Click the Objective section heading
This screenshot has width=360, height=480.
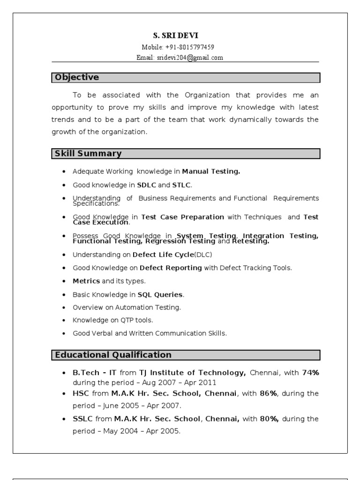coord(77,77)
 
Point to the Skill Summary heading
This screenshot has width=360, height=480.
coord(88,153)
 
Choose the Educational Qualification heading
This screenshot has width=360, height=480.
coord(113,355)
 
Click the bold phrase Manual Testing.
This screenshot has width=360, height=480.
coord(211,172)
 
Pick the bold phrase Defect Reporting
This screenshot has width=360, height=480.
coord(171,268)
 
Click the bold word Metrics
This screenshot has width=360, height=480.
coord(86,281)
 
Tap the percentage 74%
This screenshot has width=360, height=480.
coord(310,373)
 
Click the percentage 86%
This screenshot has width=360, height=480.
coord(268,393)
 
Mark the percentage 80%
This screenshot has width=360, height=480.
coord(269,419)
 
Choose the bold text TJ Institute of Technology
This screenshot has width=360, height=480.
coord(193,373)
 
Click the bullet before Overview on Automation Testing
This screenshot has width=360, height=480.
coord(63,307)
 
